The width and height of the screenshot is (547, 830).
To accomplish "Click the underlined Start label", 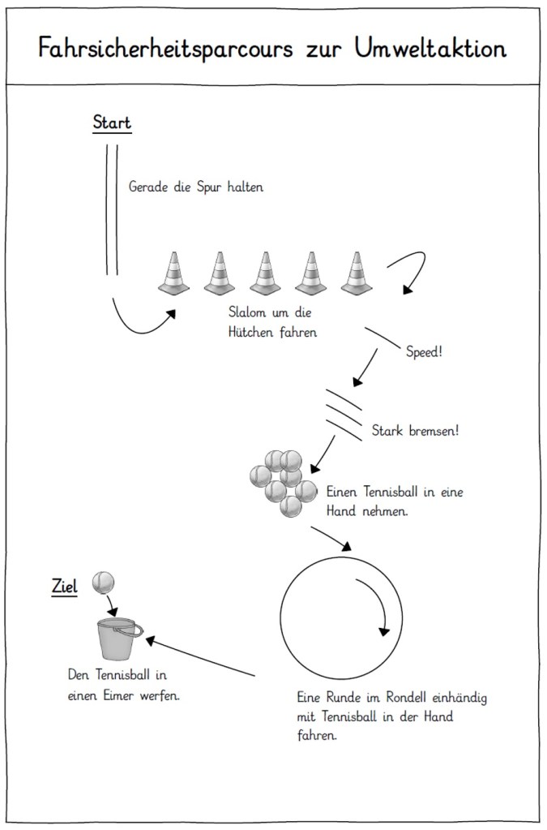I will pos(112,124).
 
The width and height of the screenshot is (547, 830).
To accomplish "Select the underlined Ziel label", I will pos(65,586).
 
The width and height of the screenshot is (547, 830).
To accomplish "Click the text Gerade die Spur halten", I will pos(196,187).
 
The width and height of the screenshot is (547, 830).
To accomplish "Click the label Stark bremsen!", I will pos(415,430).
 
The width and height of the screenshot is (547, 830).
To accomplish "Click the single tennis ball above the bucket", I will pos(104,582).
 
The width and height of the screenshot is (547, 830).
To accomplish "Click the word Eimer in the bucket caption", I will pos(119,695).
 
